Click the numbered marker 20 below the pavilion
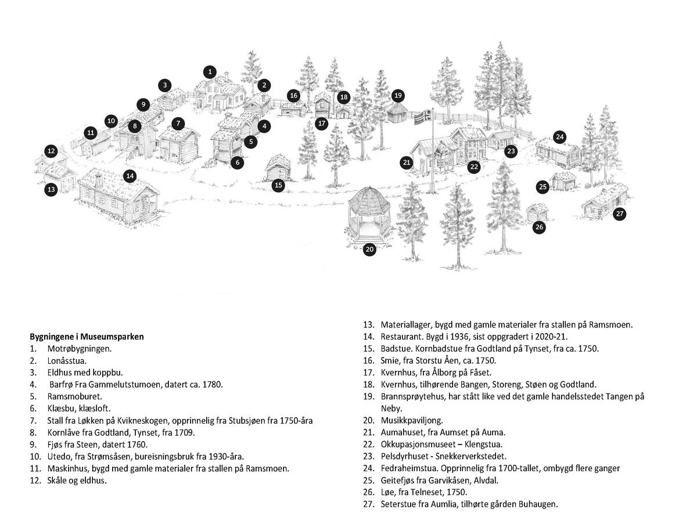[x=370, y=250]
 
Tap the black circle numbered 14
[x=130, y=176]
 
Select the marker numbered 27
[x=620, y=214]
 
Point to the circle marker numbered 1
[x=210, y=72]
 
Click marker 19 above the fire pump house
[x=398, y=96]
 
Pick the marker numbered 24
[x=559, y=138]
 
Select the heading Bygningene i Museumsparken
[x=87, y=337]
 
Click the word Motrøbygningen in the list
[x=80, y=349]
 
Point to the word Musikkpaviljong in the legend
[x=411, y=420]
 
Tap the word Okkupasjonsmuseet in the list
[x=416, y=445]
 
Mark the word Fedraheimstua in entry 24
[x=407, y=468]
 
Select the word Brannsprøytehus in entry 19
[x=412, y=396]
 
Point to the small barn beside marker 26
[x=537, y=212]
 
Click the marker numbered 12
[x=51, y=151]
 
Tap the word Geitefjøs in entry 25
[x=398, y=481]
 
